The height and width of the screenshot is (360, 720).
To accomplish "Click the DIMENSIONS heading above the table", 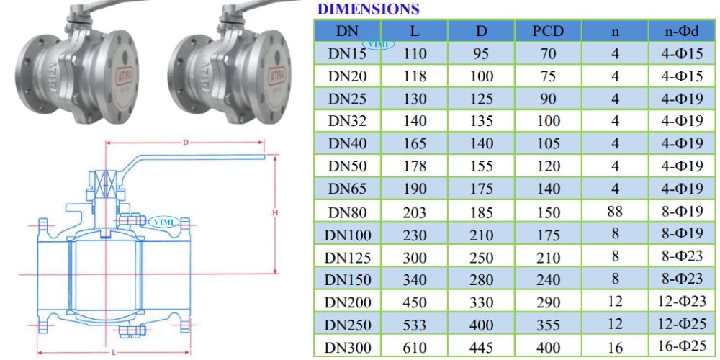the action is click(x=368, y=9).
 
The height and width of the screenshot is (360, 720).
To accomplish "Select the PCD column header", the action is click(x=548, y=31).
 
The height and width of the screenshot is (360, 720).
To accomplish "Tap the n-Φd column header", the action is click(x=683, y=31).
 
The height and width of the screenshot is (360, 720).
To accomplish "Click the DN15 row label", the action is click(x=347, y=54).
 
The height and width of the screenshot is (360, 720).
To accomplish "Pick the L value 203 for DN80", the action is click(x=414, y=212).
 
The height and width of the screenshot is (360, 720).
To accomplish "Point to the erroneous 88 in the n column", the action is click(x=615, y=211).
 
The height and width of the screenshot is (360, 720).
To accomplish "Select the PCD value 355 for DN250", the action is click(x=548, y=325).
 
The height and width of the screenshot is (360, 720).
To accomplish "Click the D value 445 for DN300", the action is click(x=482, y=348).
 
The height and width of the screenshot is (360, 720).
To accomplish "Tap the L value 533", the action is click(x=414, y=325).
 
